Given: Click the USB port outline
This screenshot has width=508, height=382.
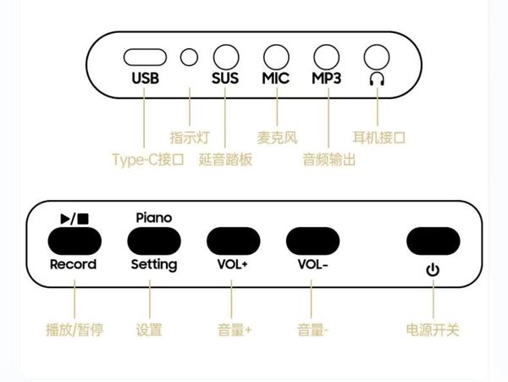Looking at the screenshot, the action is [145, 58].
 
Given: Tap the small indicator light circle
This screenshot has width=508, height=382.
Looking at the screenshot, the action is [189, 58].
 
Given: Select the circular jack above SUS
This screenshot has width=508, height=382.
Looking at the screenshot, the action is [226, 57].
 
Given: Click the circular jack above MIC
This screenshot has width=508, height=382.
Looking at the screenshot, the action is [276, 57].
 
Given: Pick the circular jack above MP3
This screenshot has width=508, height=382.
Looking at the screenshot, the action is [327, 57].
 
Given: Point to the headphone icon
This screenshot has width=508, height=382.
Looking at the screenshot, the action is [377, 79].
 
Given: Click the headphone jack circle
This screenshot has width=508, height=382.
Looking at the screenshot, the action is [377, 57].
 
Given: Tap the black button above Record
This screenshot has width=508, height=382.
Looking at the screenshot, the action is [75, 241].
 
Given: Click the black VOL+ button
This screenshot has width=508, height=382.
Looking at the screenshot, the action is [234, 241].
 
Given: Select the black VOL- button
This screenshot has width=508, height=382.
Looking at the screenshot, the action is [312, 241].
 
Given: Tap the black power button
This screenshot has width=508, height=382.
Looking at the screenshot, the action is [433, 241].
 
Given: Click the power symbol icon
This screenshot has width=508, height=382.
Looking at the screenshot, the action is [433, 270].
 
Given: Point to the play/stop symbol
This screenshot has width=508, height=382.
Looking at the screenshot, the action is [75, 219].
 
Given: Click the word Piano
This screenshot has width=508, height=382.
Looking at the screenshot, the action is [154, 218].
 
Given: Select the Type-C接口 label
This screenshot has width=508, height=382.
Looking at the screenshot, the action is [148, 160].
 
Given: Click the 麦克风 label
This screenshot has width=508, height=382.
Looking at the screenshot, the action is [278, 138].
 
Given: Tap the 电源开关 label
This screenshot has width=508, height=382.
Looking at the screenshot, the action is [433, 330].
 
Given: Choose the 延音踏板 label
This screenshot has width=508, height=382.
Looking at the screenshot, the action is [225, 160].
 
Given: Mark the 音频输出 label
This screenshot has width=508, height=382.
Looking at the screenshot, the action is [329, 160].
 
